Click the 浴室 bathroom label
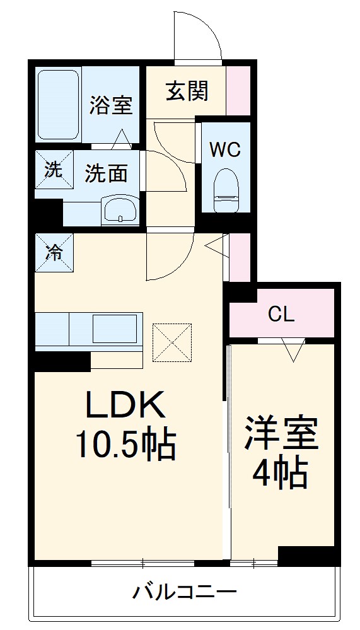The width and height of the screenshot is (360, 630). coord(111,105)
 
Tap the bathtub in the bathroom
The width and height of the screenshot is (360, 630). coord(58,105)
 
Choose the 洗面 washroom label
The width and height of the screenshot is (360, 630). coord(107,172)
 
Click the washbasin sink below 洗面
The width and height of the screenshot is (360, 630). coord(120,209)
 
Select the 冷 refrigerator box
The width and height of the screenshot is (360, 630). coord(54,252)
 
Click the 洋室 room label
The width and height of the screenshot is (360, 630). coord(282,433)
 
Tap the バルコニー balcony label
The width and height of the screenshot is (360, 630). coord(184,592)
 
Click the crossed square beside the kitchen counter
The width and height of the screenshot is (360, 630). coord(171,343)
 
